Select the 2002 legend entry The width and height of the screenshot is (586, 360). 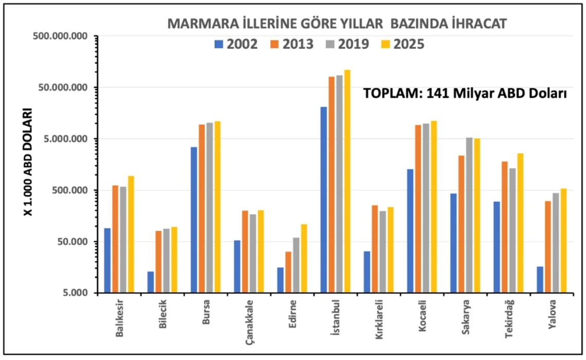click(x=236, y=44)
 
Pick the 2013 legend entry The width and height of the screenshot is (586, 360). click(x=291, y=44)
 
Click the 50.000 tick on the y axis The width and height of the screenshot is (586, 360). click(x=68, y=242)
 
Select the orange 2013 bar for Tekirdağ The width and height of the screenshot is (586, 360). click(x=504, y=227)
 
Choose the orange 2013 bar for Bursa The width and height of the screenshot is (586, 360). click(x=202, y=208)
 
